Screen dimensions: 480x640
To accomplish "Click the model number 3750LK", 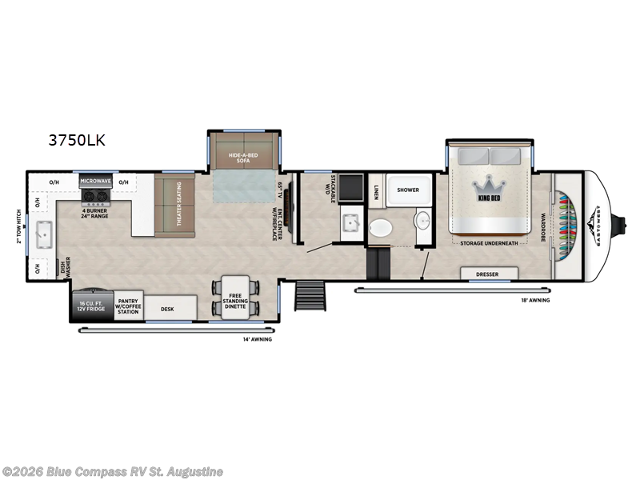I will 77,141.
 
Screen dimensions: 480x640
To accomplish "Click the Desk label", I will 167,308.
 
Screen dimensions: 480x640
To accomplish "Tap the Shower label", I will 409,190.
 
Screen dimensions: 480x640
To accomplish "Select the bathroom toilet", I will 382,227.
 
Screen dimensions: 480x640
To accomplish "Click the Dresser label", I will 487,274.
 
